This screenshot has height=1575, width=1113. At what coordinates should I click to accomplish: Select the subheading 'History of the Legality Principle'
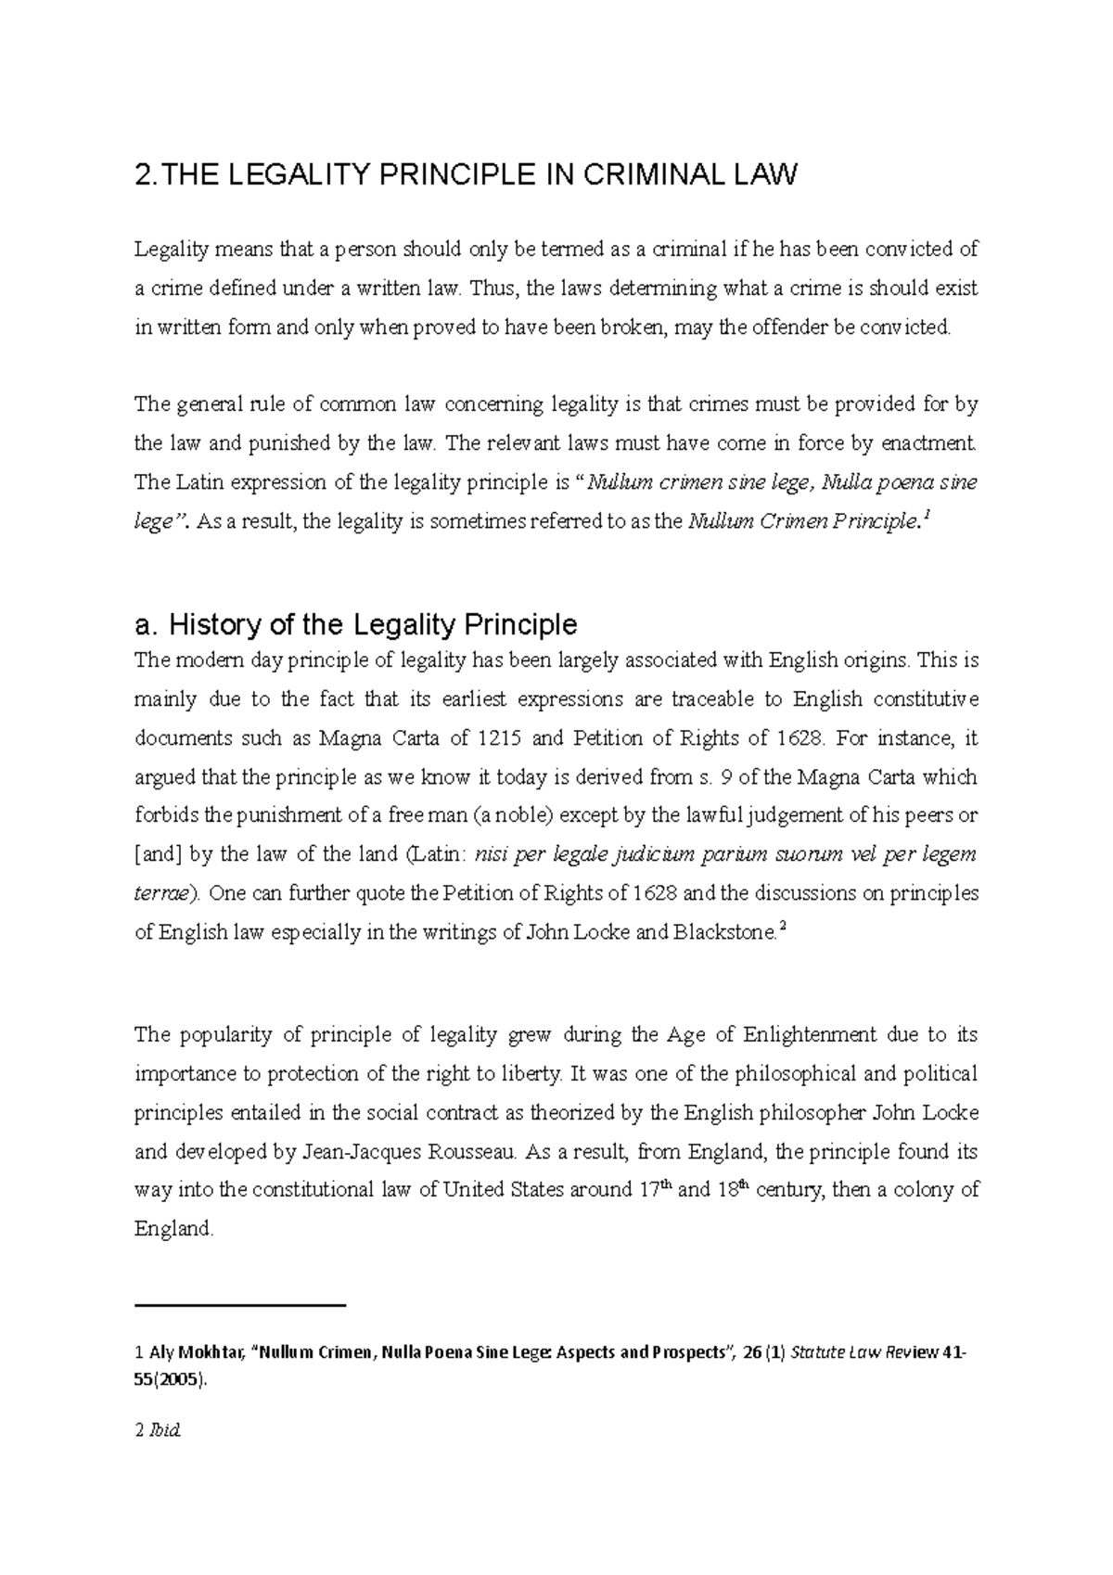pos(355,624)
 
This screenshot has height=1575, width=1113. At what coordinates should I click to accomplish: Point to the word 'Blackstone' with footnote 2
pos(721,933)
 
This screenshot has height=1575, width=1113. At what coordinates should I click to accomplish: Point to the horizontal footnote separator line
pos(239,1305)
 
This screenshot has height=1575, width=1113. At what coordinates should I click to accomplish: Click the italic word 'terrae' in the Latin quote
pos(165,894)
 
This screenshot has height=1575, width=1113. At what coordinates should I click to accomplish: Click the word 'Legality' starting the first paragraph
pos(171,250)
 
